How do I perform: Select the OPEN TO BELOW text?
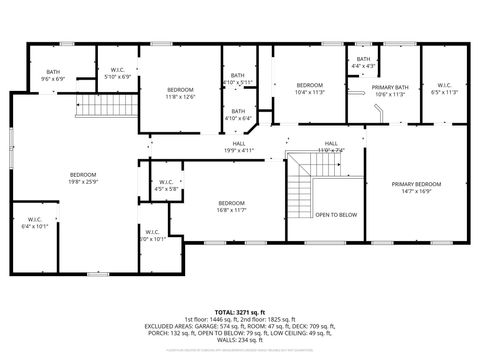336,215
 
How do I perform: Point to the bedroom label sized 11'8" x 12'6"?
180,93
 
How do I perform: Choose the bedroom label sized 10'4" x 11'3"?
309,88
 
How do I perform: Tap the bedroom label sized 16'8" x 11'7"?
232,207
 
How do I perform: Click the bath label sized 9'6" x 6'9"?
53,75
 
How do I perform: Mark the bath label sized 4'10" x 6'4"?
238,114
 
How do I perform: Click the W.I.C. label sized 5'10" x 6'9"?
117,73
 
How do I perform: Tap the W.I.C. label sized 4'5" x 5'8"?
166,185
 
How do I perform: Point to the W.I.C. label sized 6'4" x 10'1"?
34,223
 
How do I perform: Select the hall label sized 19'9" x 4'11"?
240,147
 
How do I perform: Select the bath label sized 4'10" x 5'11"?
238,78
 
